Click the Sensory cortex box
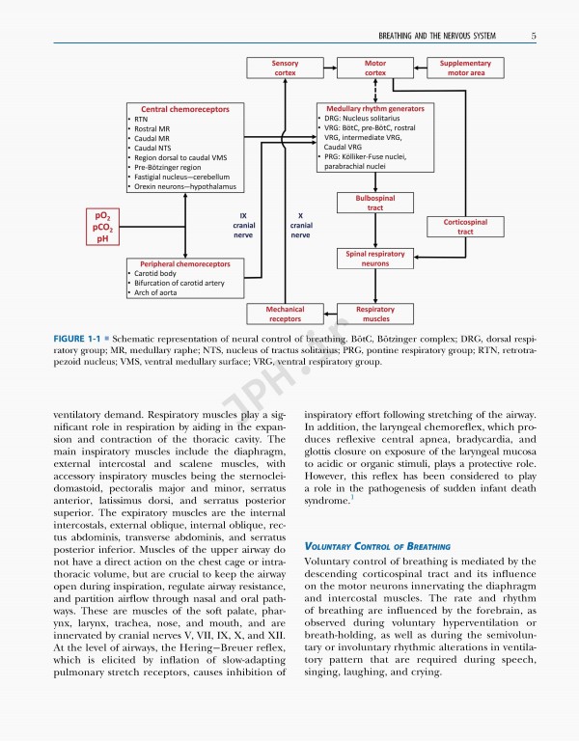click(285, 67)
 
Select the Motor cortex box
click(375, 67)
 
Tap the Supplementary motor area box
click(465, 67)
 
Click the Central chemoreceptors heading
click(185, 110)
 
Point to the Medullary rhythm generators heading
click(375, 108)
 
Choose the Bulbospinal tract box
click(375, 203)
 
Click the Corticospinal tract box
click(465, 227)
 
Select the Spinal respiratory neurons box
click(375, 258)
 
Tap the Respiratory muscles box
click(375, 314)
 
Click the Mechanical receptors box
click(285, 314)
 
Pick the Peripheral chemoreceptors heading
click(185, 263)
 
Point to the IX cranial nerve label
click(243, 226)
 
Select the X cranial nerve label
click(300, 226)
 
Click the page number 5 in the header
click(534, 37)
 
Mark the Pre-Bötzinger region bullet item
click(170, 167)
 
